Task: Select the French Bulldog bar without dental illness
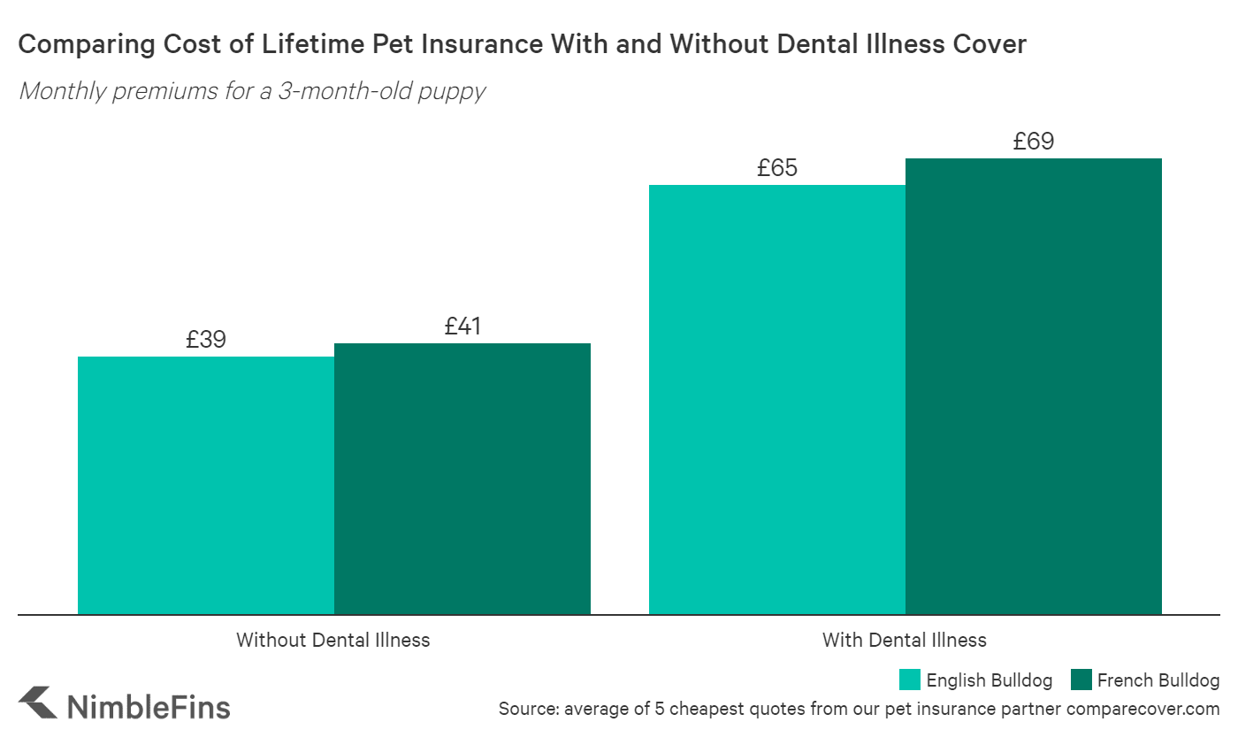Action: (462, 478)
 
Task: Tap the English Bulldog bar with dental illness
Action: (777, 399)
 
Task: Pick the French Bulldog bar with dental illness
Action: (1034, 386)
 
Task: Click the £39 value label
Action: (206, 340)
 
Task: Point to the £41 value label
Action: (462, 326)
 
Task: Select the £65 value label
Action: (777, 168)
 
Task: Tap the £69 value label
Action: (1034, 142)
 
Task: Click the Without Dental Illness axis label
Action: (332, 640)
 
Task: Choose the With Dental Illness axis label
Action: (904, 640)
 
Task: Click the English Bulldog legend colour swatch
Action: (910, 680)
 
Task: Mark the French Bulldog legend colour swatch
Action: (1081, 680)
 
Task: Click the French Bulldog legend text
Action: (1158, 680)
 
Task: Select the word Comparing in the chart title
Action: (68, 45)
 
